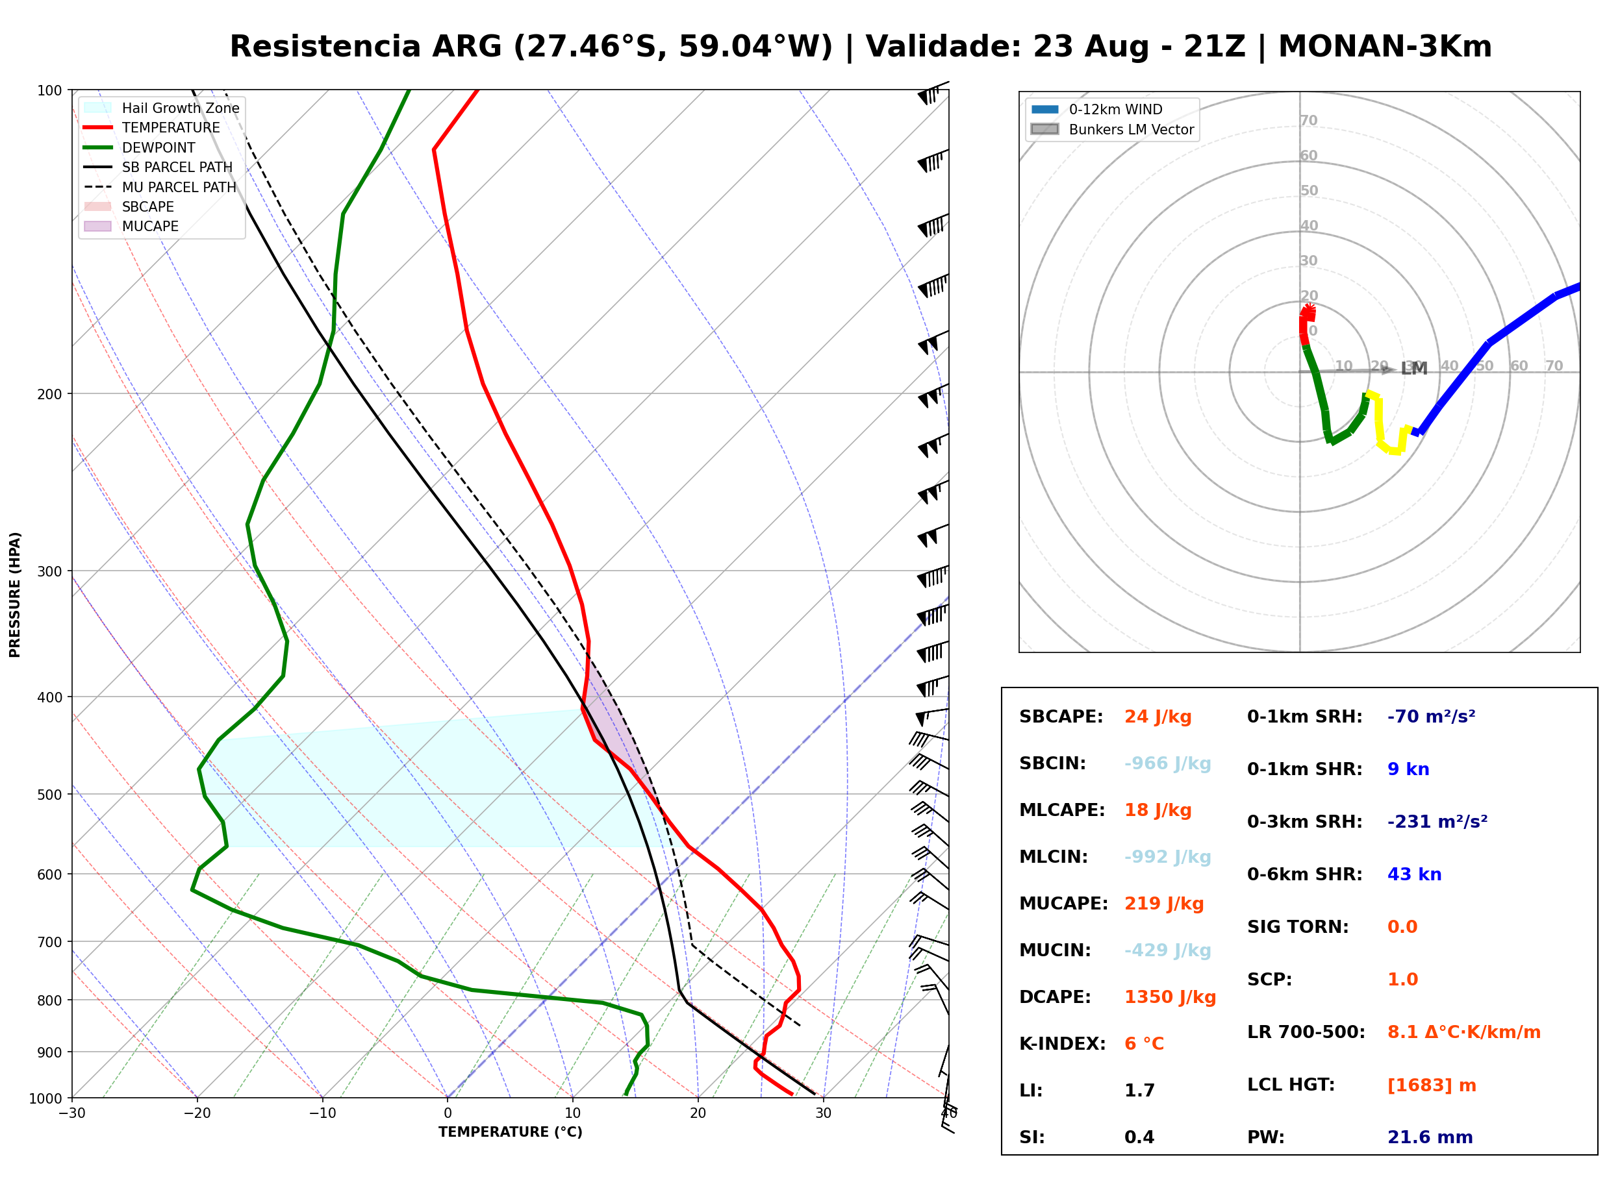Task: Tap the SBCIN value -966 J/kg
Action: click(x=1167, y=763)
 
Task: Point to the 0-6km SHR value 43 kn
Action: click(x=1414, y=874)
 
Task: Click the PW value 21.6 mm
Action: click(x=1430, y=1137)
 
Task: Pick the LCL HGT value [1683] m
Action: click(x=1432, y=1085)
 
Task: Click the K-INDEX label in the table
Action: click(x=1063, y=1044)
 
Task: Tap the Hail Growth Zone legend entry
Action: click(x=162, y=108)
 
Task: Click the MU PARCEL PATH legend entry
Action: click(x=160, y=187)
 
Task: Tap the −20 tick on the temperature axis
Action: click(x=197, y=1113)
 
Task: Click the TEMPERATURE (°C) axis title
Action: click(x=511, y=1132)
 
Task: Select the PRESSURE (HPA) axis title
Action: click(x=14, y=595)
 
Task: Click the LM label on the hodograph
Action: click(x=1413, y=369)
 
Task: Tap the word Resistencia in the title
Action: click(x=325, y=47)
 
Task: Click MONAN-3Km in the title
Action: click(x=1385, y=47)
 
